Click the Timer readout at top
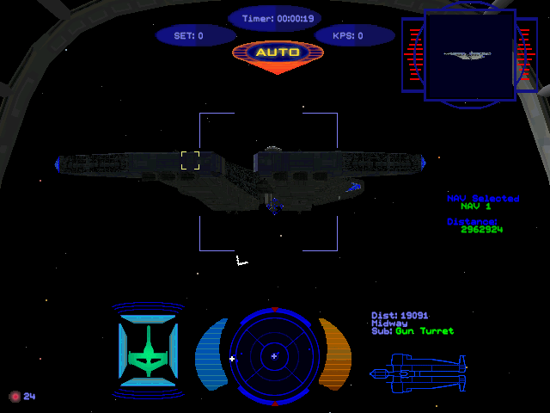coord(277,18)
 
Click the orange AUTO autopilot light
coord(278,52)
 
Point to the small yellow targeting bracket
coord(190,160)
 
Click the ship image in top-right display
coord(468,54)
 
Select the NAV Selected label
coord(483,199)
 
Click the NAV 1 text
coord(475,206)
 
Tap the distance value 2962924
coord(481,230)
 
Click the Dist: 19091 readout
coord(400,316)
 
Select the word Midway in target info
coord(389,324)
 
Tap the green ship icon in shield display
coord(149,352)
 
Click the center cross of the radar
coord(274,355)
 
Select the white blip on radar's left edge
coord(232,358)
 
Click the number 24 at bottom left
coord(29,397)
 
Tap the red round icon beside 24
coord(14,397)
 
